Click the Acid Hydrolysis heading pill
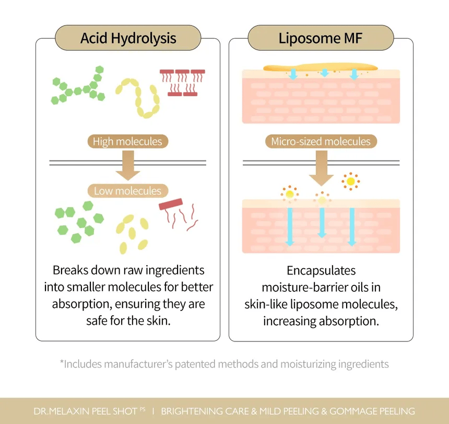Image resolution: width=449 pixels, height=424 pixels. point(128,38)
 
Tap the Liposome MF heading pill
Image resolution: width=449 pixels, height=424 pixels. point(321,38)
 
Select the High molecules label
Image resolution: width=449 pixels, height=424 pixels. point(127,141)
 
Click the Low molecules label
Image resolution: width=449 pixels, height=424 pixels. point(127,191)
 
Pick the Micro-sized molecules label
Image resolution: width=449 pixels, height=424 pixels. point(321,141)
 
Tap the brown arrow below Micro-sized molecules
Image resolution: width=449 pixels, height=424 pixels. point(321,169)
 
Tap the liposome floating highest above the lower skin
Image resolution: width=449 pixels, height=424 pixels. point(350,181)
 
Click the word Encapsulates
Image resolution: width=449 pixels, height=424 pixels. point(321,271)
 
